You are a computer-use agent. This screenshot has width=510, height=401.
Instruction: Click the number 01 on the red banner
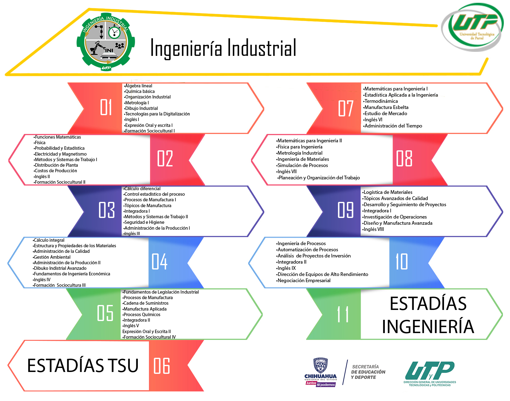click(106, 107)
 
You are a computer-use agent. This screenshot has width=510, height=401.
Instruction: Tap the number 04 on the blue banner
click(159, 261)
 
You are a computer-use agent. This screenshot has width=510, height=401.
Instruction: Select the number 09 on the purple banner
click(345, 210)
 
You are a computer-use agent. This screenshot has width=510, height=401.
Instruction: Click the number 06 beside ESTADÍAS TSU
click(162, 366)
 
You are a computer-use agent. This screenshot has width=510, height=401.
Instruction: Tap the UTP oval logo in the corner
click(472, 27)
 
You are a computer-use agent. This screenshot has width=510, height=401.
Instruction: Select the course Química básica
click(139, 91)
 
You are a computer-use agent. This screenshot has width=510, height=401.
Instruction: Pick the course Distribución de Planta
click(56, 165)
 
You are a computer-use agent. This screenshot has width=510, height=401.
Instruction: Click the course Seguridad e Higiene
click(144, 222)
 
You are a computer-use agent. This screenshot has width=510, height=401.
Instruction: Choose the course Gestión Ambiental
click(51, 257)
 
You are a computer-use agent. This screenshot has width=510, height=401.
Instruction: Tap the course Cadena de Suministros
click(146, 303)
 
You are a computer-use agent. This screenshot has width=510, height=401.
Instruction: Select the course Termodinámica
click(380, 101)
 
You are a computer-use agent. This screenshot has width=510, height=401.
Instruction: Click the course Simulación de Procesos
click(302, 165)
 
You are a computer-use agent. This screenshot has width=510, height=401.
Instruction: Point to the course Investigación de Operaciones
click(394, 217)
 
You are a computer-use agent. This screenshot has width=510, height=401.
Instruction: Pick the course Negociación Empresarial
click(303, 281)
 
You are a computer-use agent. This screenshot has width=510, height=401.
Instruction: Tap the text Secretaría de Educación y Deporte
click(368, 372)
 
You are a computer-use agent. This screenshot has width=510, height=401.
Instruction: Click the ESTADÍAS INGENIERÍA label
click(428, 315)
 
